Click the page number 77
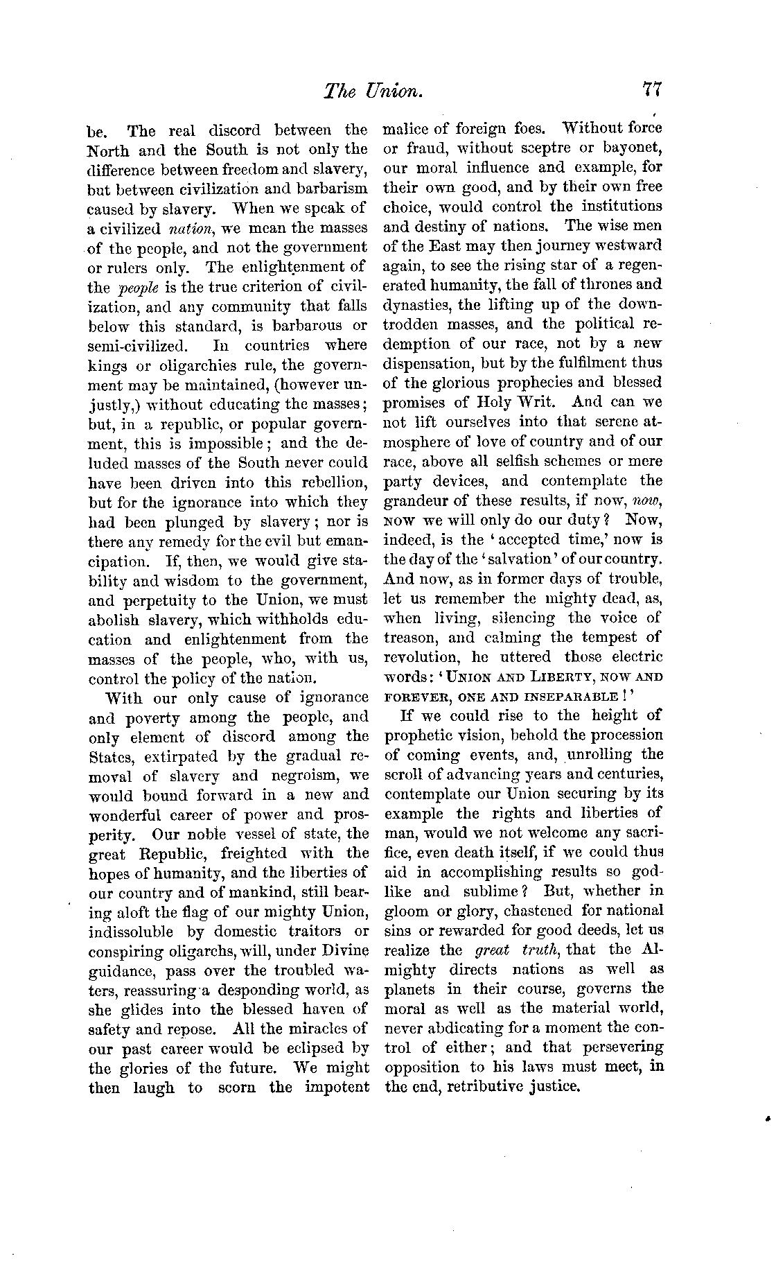point(653,90)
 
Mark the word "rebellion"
point(332,482)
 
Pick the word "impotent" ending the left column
point(337,1087)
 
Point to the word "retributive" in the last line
point(493,1086)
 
